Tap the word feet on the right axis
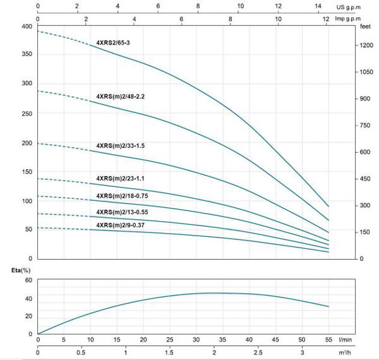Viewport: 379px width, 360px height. pos(364,27)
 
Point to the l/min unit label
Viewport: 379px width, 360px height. pos(363,340)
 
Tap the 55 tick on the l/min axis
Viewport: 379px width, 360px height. pos(328,340)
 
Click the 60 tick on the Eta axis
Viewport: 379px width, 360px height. pos(28,280)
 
